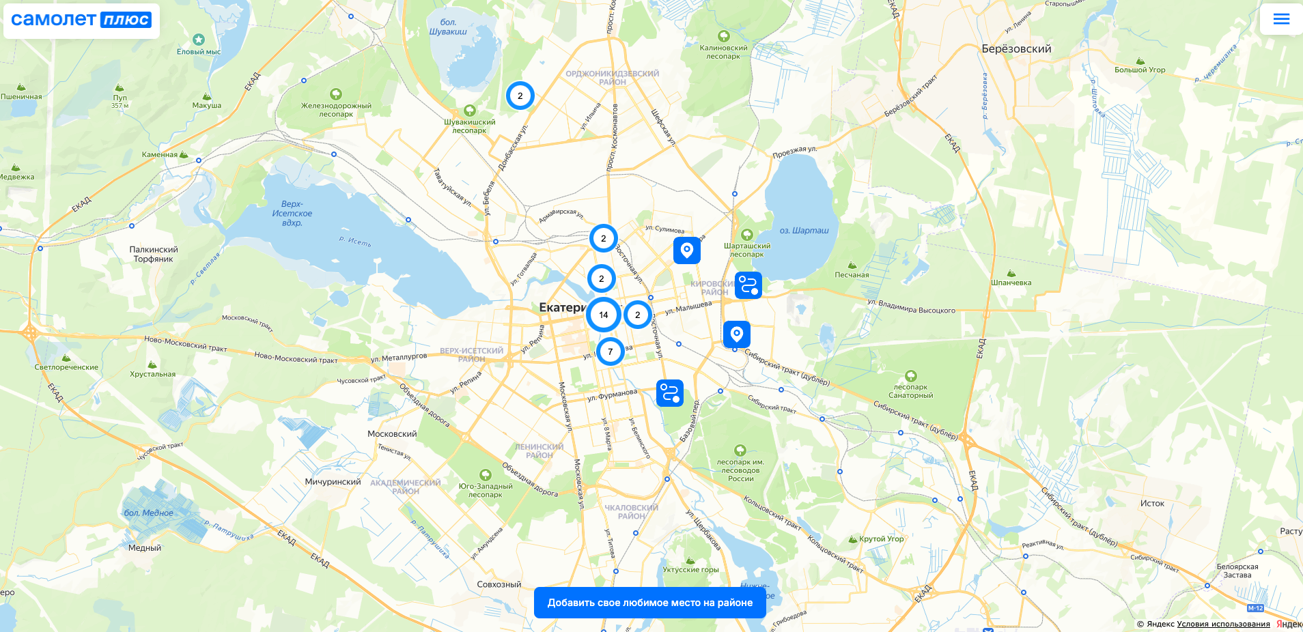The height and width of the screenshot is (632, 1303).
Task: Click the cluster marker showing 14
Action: point(603,315)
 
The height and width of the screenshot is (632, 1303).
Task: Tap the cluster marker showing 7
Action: point(610,351)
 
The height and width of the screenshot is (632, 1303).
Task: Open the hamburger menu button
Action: point(1281,19)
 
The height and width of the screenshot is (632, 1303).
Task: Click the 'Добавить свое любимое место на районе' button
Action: point(649,603)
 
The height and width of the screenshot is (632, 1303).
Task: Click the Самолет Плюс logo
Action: point(81,20)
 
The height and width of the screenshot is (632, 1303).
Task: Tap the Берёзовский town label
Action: point(1016,49)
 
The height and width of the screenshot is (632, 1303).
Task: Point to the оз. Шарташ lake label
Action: point(804,231)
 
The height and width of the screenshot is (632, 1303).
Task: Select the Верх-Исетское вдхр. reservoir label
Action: point(292,214)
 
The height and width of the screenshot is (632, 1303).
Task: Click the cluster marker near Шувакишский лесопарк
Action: point(520,96)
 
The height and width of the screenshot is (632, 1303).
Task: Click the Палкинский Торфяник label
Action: point(154,255)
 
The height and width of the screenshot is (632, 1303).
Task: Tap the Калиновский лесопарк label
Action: point(723,52)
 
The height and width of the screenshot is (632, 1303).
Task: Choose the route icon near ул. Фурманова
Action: point(669,393)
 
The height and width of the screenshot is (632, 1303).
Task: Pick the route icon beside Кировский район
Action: point(748,285)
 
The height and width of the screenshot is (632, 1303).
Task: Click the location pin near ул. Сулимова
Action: point(686,250)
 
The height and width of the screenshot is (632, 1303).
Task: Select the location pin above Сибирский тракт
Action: point(736,334)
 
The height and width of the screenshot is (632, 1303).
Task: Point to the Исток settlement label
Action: point(1152,504)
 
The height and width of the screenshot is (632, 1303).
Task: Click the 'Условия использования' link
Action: point(1223,624)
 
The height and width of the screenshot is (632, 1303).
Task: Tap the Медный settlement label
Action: point(145,548)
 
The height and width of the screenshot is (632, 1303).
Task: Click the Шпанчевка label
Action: point(1011,283)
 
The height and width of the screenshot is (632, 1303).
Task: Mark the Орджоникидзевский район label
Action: point(612,78)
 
